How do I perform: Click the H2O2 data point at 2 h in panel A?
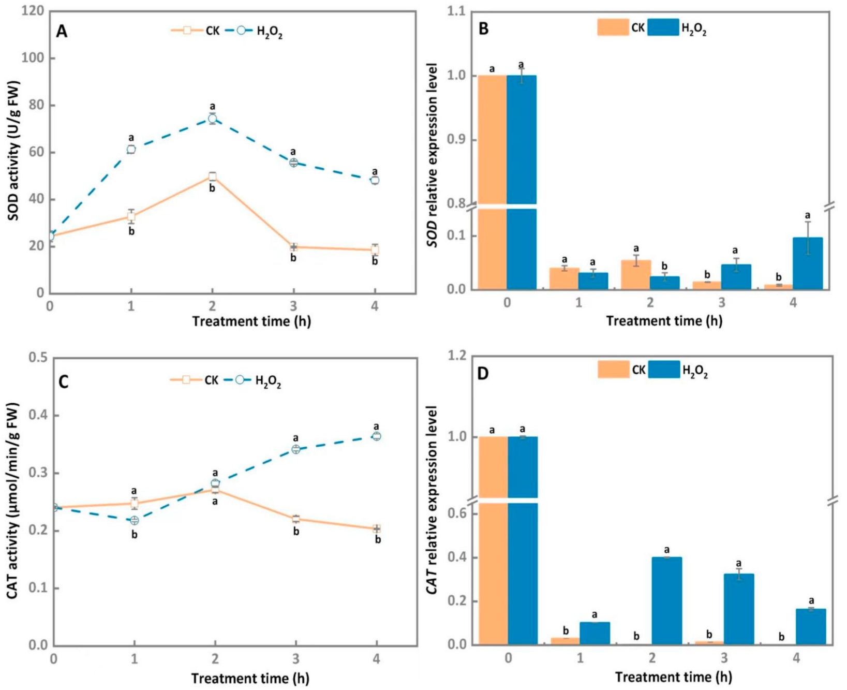pos(212,119)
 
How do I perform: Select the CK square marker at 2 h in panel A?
pos(212,177)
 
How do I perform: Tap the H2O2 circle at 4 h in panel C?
pos(377,436)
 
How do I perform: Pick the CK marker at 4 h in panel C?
pos(377,528)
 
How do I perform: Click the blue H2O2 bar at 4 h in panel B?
pos(807,263)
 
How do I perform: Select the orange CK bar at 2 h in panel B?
pos(635,275)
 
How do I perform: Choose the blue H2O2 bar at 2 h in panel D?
pos(666,600)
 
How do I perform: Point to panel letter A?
pos(62,32)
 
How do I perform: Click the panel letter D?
pos(482,374)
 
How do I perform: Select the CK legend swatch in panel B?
pos(613,27)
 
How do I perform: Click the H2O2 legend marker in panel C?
pos(240,380)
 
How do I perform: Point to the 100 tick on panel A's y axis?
pos(32,58)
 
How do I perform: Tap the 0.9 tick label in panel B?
pos(457,140)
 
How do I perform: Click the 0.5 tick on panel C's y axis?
pos(36,358)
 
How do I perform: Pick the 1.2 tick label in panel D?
pos(457,356)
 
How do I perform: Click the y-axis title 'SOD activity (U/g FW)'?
pos(13,151)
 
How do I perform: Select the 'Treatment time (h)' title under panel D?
pos(673,677)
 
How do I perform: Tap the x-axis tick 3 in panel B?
pos(721,303)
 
